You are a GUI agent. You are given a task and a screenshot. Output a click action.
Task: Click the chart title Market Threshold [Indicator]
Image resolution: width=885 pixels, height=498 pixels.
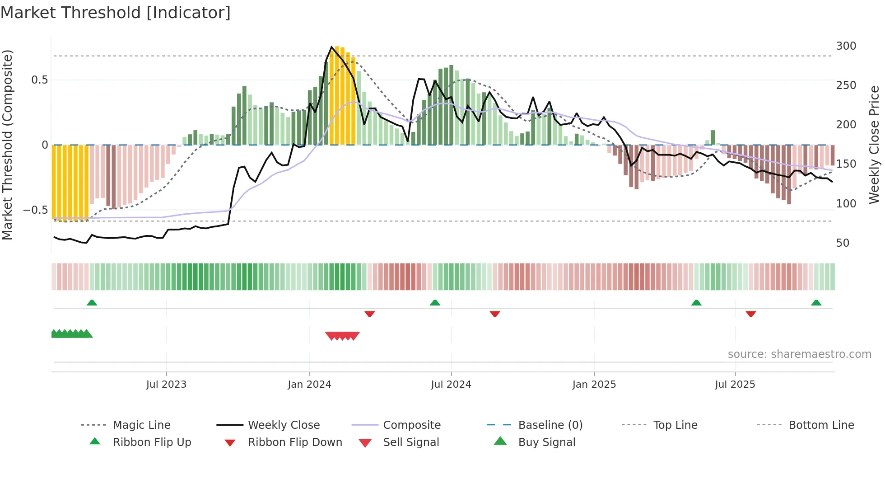pos(116,13)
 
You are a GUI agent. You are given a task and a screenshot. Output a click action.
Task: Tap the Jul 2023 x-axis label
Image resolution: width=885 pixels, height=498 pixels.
pos(166,385)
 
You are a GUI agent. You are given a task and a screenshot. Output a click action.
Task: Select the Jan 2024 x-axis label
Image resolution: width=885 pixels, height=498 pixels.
pos(309,385)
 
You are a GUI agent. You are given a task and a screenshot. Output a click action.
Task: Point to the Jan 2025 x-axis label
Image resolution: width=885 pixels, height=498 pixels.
pos(594,385)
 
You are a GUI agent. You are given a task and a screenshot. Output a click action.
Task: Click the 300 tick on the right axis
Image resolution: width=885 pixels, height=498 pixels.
pos(846,46)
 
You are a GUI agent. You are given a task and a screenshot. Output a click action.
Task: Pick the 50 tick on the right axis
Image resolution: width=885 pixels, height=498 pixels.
pos(843,243)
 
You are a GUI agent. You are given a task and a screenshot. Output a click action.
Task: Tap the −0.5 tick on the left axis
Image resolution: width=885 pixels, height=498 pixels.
pos(35,210)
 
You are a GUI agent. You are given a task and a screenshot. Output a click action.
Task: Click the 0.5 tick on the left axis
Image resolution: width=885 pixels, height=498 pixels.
pos(39,80)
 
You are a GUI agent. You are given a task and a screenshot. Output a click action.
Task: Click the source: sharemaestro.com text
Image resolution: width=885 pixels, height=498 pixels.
pos(799,354)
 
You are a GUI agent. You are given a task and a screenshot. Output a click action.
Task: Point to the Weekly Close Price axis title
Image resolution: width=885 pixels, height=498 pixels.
pos(874,145)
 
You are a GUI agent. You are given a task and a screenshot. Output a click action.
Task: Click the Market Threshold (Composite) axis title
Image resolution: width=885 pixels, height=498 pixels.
pos(7,145)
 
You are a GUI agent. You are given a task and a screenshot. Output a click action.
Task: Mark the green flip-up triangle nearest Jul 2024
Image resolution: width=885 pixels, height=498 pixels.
pos(435,303)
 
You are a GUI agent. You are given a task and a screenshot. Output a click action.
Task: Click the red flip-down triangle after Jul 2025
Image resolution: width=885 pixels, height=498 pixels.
pos(751,314)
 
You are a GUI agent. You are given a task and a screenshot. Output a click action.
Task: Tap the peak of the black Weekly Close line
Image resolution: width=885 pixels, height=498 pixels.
pos(331,47)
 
